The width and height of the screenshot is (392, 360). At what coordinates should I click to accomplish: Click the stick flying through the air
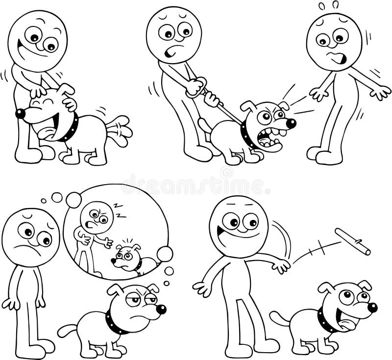click(x=352, y=241)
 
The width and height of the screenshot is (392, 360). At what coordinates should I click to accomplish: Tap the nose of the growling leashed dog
click(x=291, y=123)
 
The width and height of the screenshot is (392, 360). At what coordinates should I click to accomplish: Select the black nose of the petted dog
click(x=20, y=114)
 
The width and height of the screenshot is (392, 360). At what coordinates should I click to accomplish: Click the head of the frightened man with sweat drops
click(x=334, y=42)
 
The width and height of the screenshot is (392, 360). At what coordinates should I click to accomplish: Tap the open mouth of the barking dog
click(x=269, y=139)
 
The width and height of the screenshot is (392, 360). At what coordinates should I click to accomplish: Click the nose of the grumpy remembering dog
click(x=161, y=309)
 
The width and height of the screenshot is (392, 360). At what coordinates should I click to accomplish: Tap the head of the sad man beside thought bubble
click(x=30, y=237)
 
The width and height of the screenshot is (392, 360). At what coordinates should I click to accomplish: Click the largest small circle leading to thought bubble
click(x=73, y=199)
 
